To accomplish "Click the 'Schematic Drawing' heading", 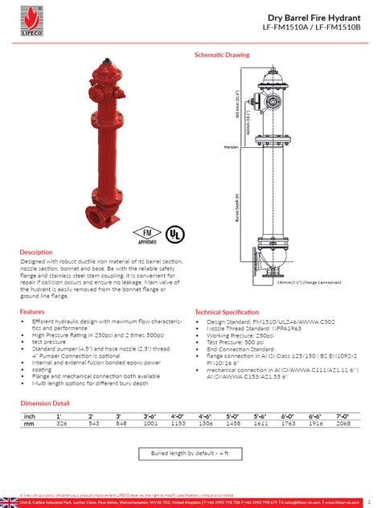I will [222, 55].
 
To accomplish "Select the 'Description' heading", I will [36, 252].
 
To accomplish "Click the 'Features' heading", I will [32, 311].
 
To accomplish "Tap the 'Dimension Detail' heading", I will [44, 403].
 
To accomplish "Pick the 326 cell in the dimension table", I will [61, 422].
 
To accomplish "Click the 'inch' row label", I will [30, 415].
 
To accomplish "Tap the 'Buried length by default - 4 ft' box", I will [190, 453].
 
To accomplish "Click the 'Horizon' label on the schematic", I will [230, 146].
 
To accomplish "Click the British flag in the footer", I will [10, 502].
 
